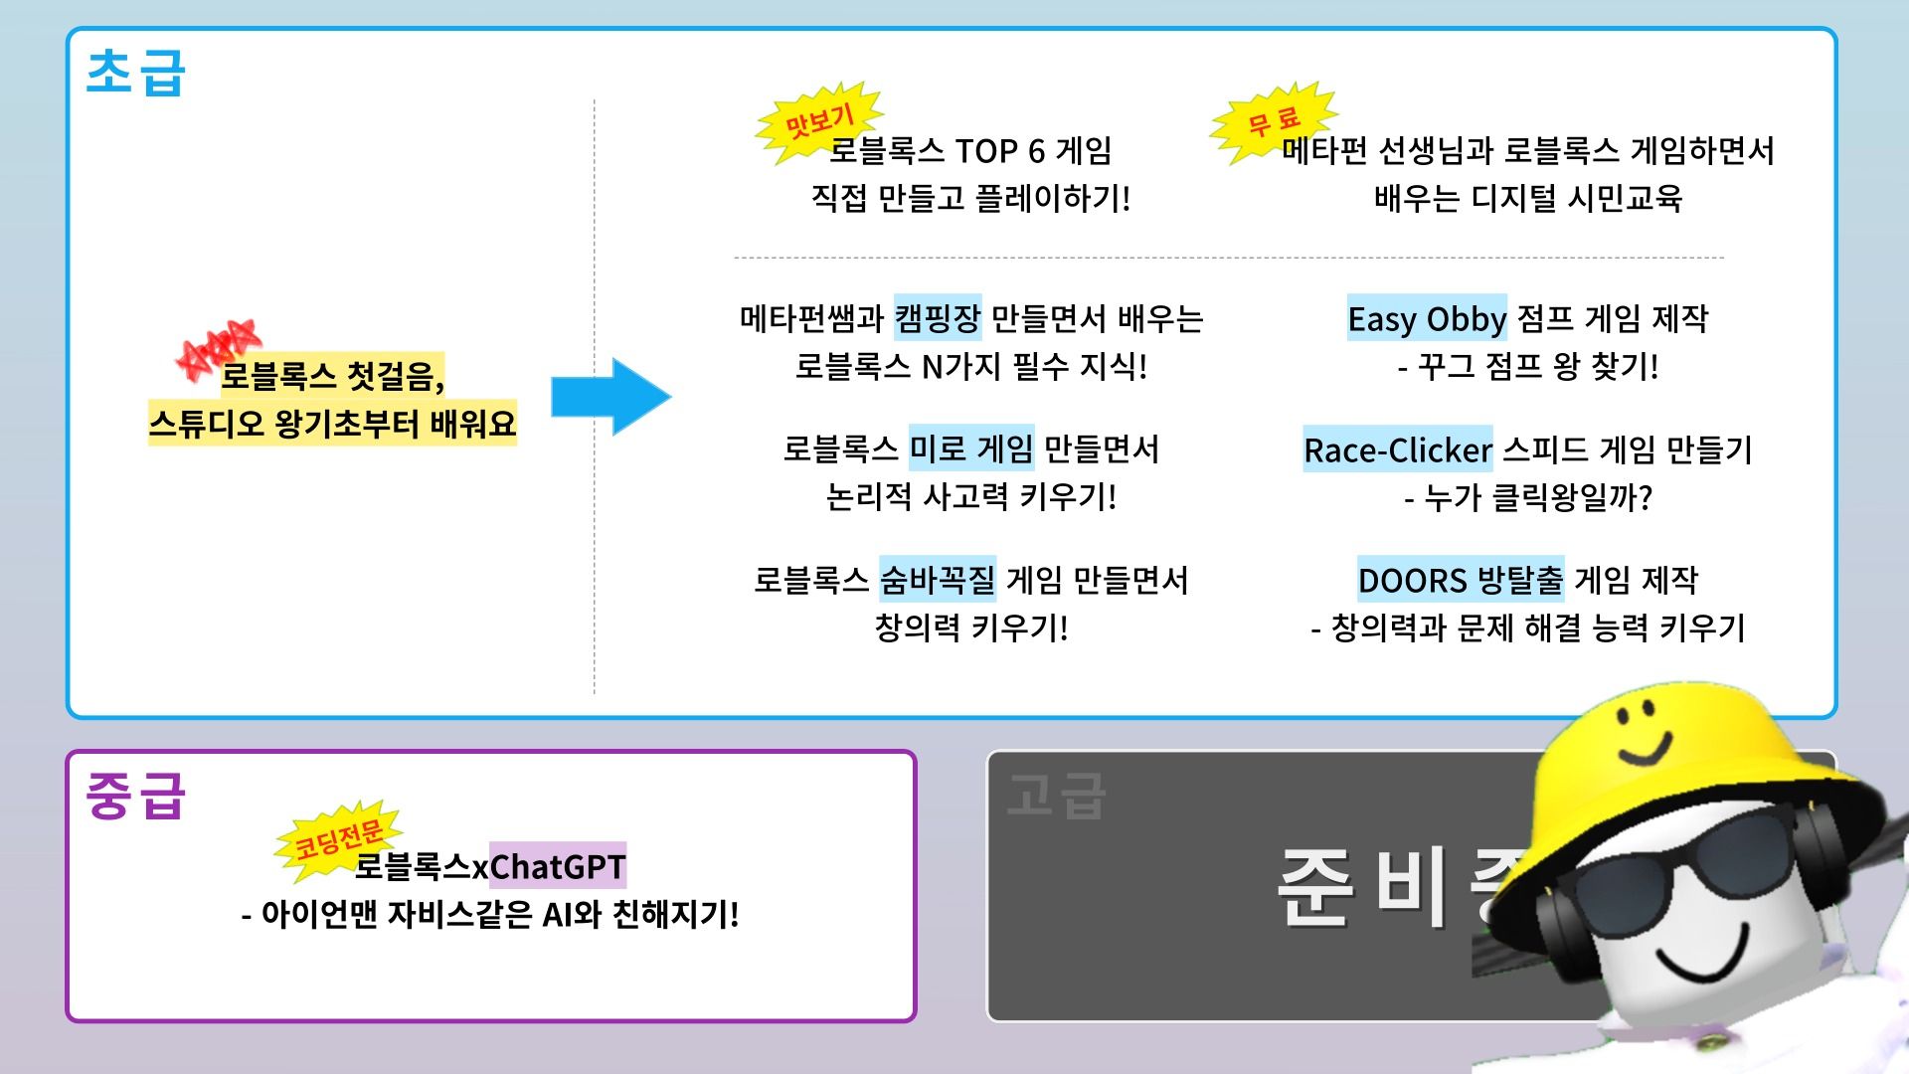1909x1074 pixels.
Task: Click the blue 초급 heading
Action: click(135, 72)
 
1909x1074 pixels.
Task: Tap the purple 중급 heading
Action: click(135, 796)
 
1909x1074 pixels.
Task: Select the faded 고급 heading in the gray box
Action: click(1056, 796)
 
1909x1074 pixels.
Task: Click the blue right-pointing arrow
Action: click(610, 397)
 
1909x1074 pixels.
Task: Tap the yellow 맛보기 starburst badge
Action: click(817, 122)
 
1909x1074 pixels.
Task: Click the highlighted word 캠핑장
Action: click(937, 318)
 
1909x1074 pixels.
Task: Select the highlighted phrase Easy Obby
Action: click(1426, 318)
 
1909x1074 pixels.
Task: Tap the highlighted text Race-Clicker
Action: click(1397, 449)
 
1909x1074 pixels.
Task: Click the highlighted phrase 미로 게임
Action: click(970, 448)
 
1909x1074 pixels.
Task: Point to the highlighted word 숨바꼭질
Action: click(937, 580)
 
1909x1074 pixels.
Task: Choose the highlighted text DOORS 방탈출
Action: click(1460, 580)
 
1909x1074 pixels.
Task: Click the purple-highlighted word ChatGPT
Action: click(557, 866)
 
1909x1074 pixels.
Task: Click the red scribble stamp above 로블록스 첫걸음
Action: click(217, 348)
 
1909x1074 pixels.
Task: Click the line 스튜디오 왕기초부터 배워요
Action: click(332, 424)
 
